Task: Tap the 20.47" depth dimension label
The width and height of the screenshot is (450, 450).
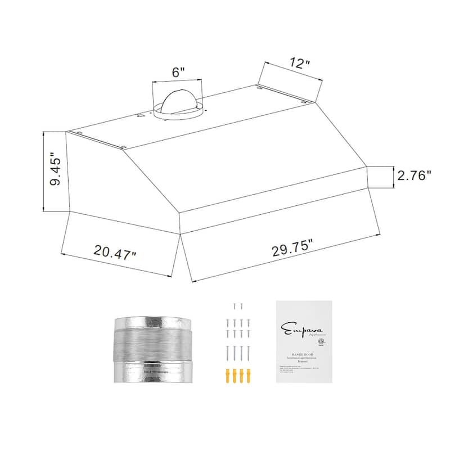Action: coord(115,251)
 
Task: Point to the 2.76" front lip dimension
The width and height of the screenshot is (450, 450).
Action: coord(414,175)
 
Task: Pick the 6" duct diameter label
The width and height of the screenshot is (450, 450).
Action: coord(178,73)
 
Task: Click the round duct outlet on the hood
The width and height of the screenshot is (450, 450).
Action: coord(177,103)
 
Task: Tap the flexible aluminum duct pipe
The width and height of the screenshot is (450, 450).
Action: coord(152,349)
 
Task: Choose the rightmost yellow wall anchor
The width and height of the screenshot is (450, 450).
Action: coord(247,375)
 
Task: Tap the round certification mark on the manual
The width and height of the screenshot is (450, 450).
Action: coord(321,340)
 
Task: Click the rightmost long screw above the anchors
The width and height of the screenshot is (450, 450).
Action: coord(247,353)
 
